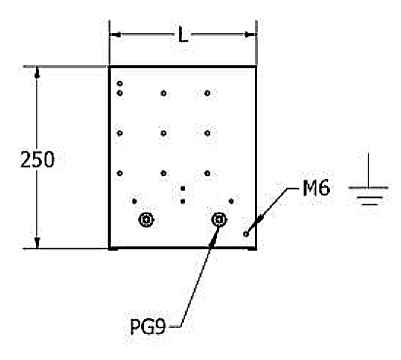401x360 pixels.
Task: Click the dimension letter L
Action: click(x=183, y=35)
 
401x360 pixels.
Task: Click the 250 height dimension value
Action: click(x=37, y=160)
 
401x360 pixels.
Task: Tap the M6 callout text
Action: click(x=316, y=188)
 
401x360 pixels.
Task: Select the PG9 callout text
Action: click(x=148, y=326)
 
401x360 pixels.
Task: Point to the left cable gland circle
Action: click(x=146, y=220)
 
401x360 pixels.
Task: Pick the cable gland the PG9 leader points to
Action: click(x=219, y=220)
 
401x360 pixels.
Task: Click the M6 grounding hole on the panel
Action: click(x=246, y=234)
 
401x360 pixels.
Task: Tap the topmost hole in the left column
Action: click(x=120, y=84)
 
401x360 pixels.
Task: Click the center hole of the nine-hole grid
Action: click(x=164, y=133)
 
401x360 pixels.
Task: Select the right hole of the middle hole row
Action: click(x=207, y=133)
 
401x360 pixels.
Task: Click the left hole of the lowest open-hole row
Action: click(x=120, y=173)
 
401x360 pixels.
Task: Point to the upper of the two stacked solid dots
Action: click(x=183, y=189)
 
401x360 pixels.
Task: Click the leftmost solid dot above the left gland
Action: click(x=134, y=201)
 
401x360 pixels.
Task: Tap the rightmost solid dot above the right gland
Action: click(x=231, y=201)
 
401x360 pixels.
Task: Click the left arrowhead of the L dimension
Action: click(x=115, y=35)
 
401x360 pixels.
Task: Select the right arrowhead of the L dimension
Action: click(x=250, y=35)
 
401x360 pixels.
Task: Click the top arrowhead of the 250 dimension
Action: click(x=37, y=73)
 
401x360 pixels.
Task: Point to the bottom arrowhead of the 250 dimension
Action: click(x=37, y=242)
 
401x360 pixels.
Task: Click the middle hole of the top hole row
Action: click(x=164, y=93)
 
